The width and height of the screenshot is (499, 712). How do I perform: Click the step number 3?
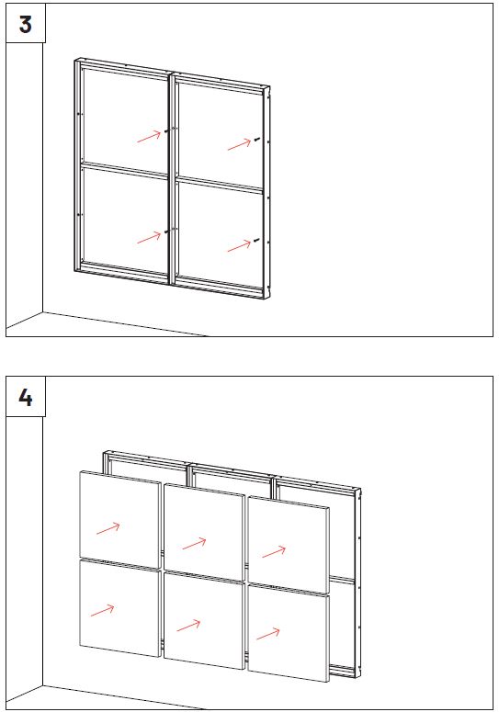pyautogui.click(x=26, y=24)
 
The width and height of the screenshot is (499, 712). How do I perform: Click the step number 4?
pyautogui.click(x=26, y=397)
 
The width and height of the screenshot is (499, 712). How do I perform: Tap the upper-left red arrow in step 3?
pyautogui.click(x=149, y=136)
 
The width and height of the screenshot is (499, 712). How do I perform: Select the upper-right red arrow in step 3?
pyautogui.click(x=239, y=144)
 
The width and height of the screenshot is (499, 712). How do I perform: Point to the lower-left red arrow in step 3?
pyautogui.click(x=149, y=237)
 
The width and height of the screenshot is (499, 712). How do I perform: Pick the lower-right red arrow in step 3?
pyautogui.click(x=239, y=246)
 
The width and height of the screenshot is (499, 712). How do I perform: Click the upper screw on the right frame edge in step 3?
pyautogui.click(x=257, y=140)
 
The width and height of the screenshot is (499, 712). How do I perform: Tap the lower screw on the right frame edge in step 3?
pyautogui.click(x=257, y=240)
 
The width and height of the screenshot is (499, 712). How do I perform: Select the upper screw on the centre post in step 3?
pyautogui.click(x=166, y=131)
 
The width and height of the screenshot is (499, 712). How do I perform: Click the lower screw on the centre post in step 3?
pyautogui.click(x=166, y=232)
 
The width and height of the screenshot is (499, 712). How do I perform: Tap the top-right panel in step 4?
pyautogui.click(x=289, y=545)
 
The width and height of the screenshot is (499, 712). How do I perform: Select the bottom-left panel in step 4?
pyautogui.click(x=120, y=608)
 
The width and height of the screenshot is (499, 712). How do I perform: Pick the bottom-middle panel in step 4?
pyautogui.click(x=204, y=621)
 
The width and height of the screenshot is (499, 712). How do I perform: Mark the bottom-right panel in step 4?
pyautogui.click(x=289, y=633)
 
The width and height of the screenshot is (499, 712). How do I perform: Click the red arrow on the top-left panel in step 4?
pyautogui.click(x=108, y=528)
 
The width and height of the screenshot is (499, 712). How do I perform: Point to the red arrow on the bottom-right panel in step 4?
pyautogui.click(x=268, y=634)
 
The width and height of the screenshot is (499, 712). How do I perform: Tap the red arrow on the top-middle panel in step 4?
pyautogui.click(x=194, y=544)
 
